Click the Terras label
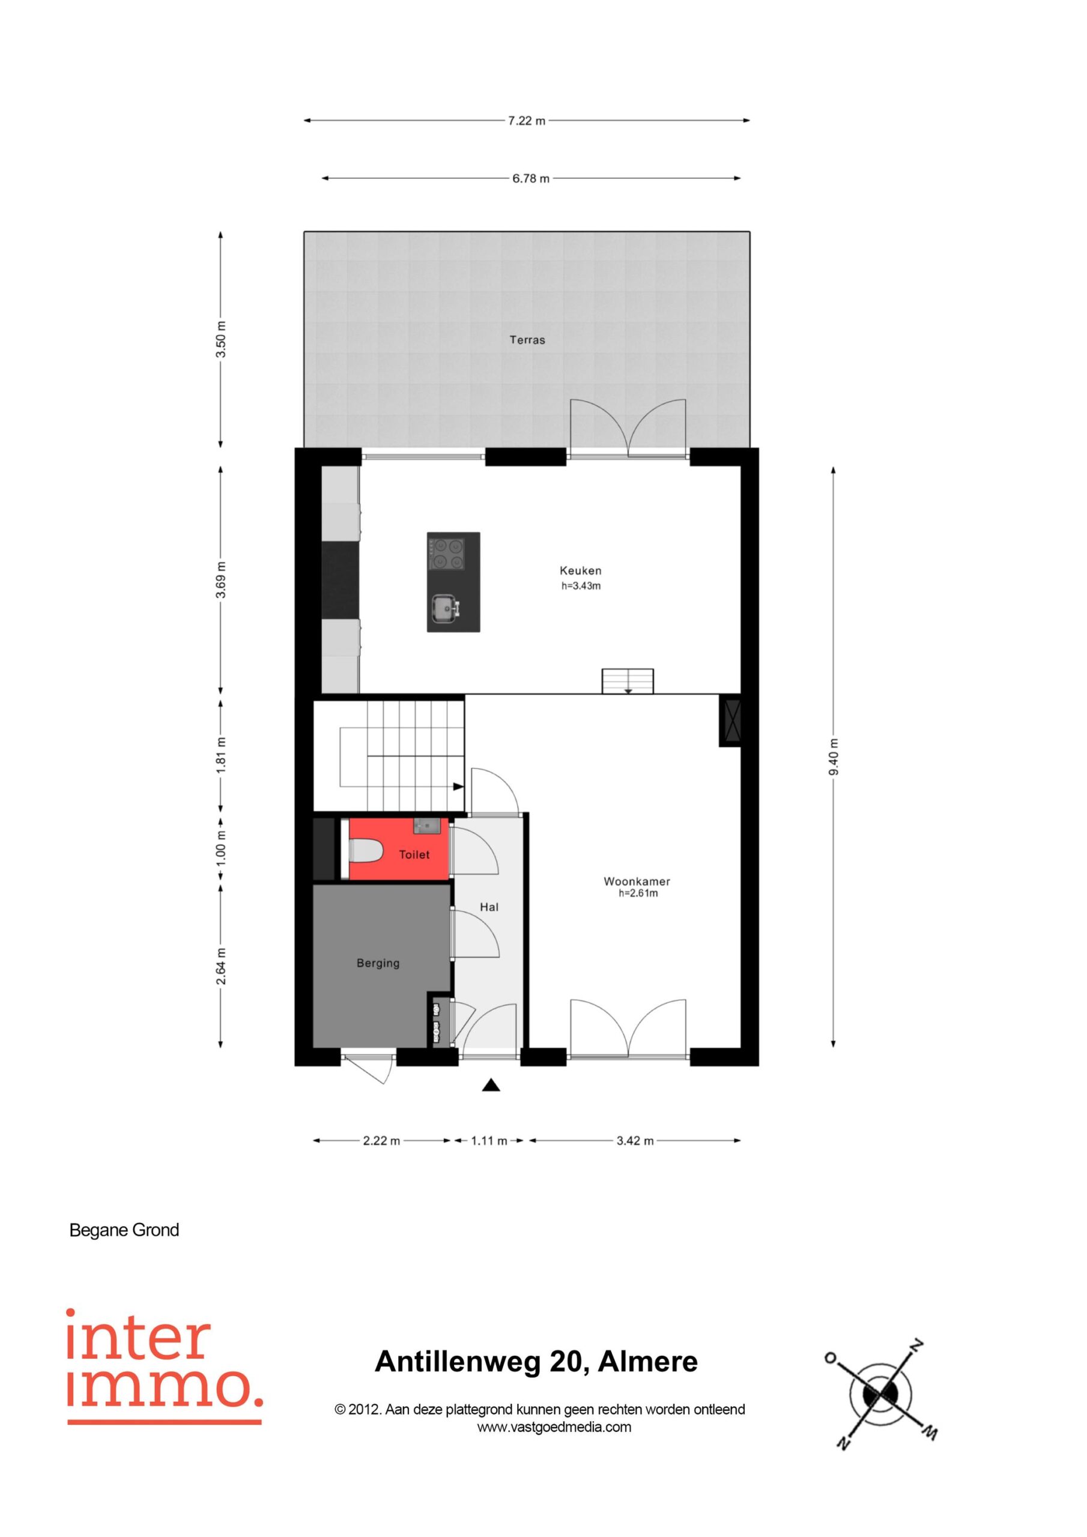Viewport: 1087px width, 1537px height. click(527, 340)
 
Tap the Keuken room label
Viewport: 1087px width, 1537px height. click(581, 571)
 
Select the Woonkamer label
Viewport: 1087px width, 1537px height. click(637, 881)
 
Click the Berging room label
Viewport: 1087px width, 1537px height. click(378, 963)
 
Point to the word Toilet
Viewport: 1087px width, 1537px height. click(414, 855)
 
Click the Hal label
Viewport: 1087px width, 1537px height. click(489, 907)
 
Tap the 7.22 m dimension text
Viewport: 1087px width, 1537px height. click(527, 121)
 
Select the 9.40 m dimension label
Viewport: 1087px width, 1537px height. click(833, 757)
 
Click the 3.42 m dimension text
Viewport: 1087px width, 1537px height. click(635, 1141)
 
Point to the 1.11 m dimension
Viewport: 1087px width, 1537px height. click(489, 1141)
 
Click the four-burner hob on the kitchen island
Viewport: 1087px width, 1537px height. click(447, 554)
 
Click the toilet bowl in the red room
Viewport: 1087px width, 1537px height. click(366, 852)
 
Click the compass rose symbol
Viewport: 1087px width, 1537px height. click(879, 1395)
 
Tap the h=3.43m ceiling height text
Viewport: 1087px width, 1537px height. click(581, 587)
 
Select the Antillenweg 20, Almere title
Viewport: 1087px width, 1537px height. click(536, 1362)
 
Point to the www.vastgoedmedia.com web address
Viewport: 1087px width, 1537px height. click(554, 1427)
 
